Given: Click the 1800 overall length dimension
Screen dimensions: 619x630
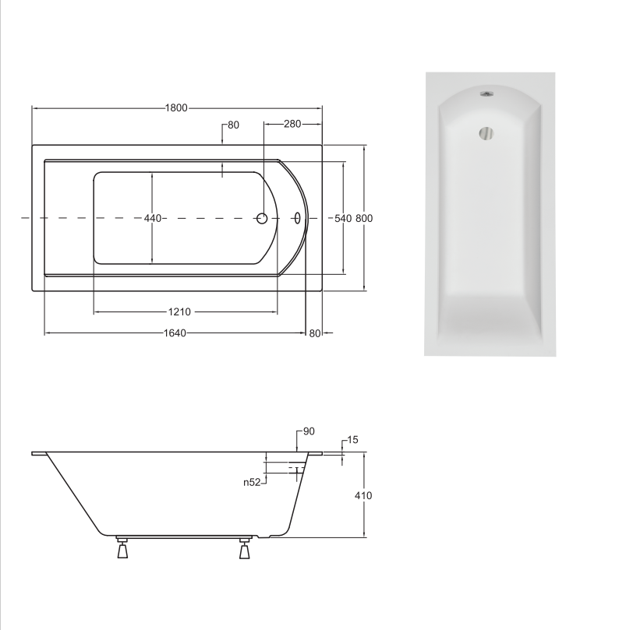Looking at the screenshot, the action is [176, 107].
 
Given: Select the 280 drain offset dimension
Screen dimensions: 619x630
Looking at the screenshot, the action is [292, 124].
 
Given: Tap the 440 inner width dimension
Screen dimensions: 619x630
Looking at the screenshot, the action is [153, 218].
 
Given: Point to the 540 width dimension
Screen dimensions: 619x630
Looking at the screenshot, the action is [343, 218].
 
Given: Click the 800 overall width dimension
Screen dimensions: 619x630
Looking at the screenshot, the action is [364, 218].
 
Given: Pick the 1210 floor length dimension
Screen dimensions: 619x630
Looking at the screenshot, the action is [179, 311].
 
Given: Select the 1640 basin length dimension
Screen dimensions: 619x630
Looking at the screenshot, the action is [175, 333].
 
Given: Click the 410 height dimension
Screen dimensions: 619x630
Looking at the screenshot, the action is [363, 495].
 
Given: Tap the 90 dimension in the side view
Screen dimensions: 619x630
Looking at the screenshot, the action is [309, 431].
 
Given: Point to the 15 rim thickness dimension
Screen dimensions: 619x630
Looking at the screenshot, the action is [352, 440].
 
